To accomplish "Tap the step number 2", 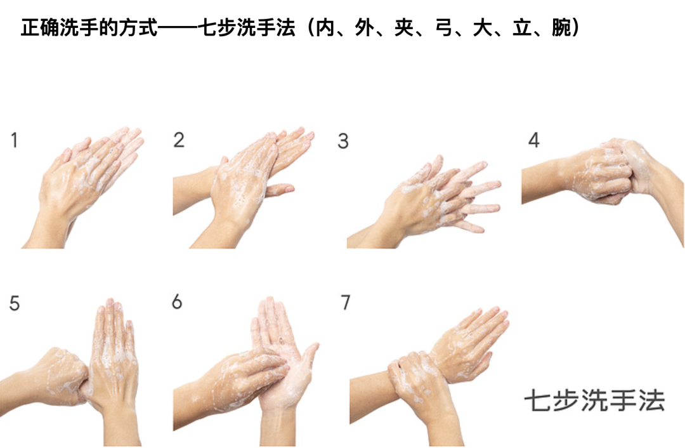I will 179,140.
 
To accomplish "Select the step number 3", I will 343,141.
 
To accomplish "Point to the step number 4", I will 534,140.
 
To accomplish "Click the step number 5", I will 15,303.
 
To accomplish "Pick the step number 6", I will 177,302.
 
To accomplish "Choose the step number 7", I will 345,303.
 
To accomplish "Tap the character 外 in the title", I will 363,28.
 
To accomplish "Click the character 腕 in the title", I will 560,28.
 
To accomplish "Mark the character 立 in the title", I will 521,28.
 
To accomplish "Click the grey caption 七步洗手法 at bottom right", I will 594,400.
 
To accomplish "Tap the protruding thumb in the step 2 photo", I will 279,188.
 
